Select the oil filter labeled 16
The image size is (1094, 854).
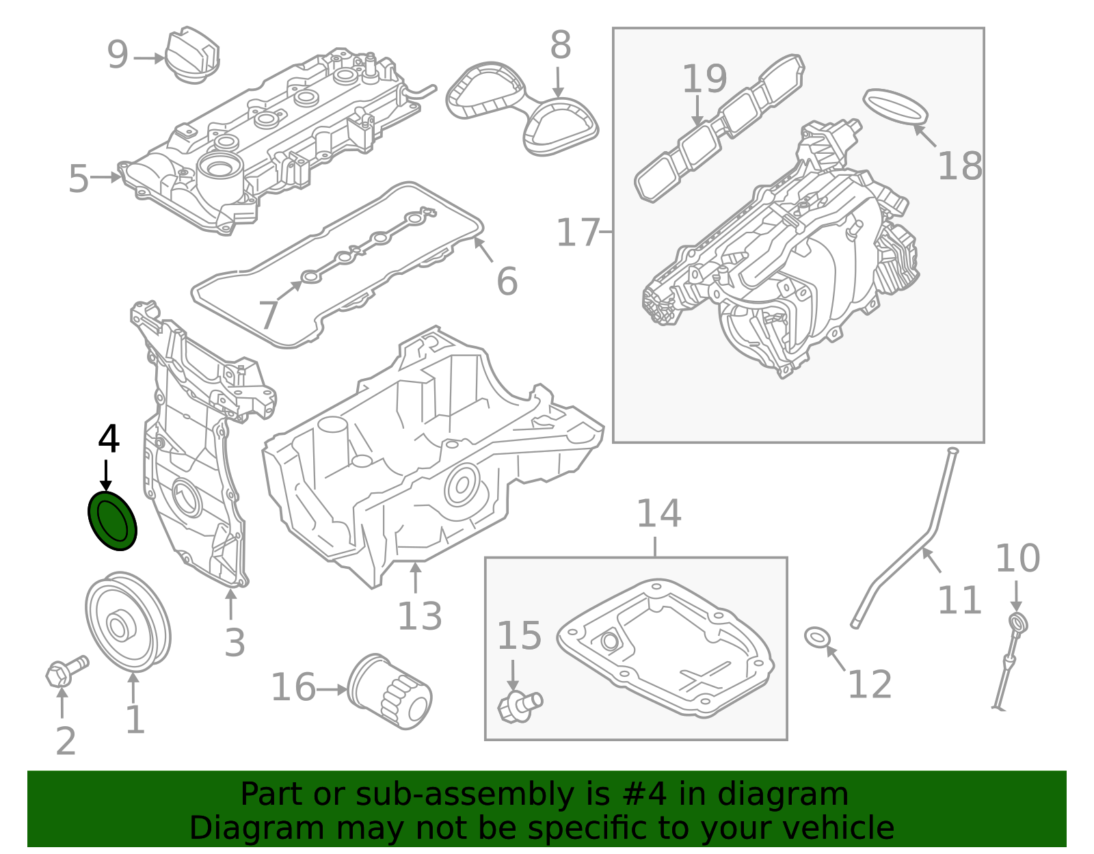(x=390, y=691)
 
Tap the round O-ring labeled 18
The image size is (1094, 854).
(x=896, y=106)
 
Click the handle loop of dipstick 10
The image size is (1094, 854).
(x=1018, y=623)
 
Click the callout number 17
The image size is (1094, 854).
(x=577, y=232)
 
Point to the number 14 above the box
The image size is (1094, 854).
(x=658, y=513)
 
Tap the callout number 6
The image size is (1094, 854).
(x=507, y=281)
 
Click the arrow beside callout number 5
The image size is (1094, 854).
(x=107, y=177)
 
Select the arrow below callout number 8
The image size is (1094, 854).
(x=559, y=82)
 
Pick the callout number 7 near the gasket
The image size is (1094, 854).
(x=268, y=316)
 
